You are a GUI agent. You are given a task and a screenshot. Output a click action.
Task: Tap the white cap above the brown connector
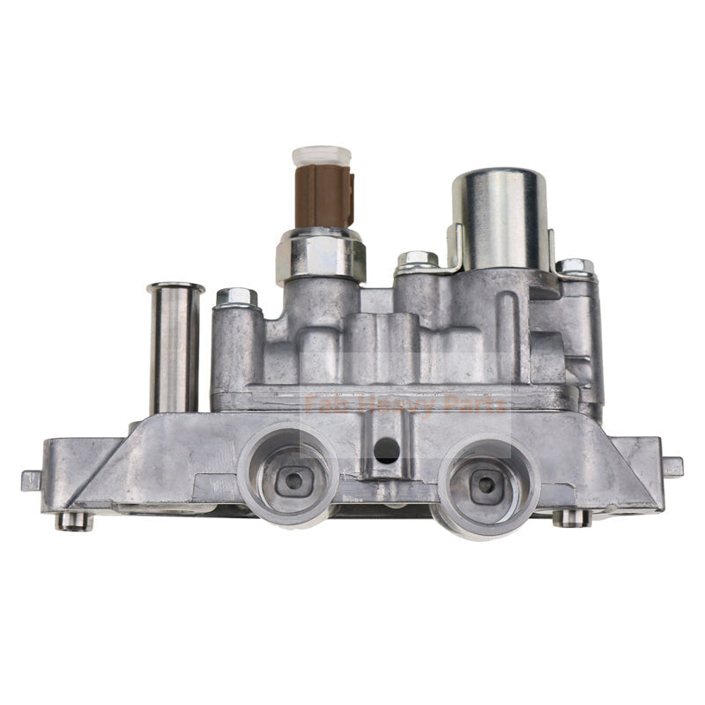(322, 155)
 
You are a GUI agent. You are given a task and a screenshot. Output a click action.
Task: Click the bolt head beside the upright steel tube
(236, 297)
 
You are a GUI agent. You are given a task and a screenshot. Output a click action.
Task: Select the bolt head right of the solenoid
(574, 266)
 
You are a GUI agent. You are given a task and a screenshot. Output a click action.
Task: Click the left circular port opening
(288, 477)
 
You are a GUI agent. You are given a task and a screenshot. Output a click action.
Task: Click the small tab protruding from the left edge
(32, 480)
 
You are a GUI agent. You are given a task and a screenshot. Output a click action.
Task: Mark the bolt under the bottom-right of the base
(572, 517)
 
